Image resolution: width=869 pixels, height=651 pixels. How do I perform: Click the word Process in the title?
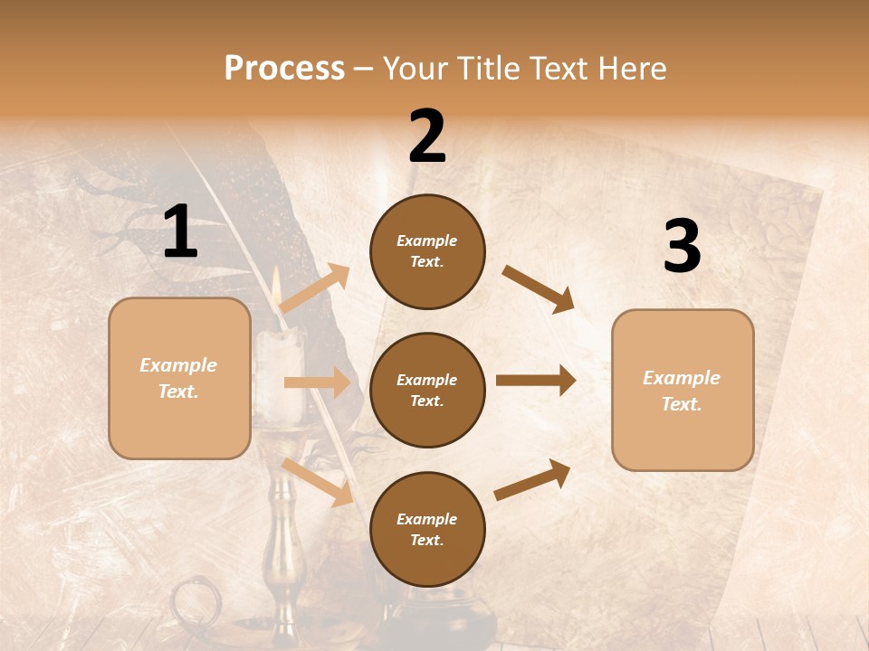(284, 68)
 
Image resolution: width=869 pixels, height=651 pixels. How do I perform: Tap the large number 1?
(180, 232)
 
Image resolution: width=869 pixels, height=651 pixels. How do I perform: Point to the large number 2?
(427, 137)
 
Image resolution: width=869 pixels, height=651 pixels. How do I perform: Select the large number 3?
(682, 247)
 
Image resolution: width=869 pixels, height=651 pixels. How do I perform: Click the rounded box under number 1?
(179, 378)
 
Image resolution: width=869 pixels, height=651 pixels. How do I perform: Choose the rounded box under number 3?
(683, 390)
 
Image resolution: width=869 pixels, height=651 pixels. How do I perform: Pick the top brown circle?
(427, 251)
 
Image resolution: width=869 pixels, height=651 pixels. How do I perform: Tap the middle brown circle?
(427, 390)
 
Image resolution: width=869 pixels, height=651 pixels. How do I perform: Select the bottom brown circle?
(427, 529)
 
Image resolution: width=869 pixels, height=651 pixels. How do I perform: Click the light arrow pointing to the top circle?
(315, 288)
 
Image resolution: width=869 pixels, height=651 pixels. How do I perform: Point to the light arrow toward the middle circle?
(317, 382)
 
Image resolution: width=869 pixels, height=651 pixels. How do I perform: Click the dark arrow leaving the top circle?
(539, 289)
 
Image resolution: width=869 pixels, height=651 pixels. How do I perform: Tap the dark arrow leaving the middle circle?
(536, 381)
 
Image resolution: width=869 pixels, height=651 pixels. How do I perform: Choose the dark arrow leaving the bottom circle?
(532, 479)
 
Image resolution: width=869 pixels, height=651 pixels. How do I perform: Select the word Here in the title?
(633, 68)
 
